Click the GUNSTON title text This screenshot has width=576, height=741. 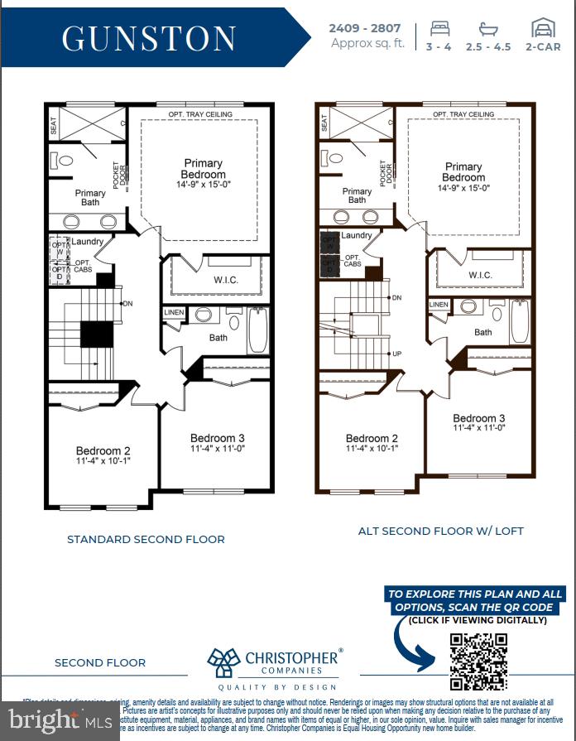(x=149, y=38)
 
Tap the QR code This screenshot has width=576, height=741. (x=478, y=662)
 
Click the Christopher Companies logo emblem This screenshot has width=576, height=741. (x=223, y=663)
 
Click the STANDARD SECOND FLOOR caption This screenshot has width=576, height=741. (x=146, y=539)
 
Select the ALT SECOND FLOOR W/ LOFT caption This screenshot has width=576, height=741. (x=440, y=531)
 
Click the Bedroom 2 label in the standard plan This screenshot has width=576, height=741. (x=103, y=451)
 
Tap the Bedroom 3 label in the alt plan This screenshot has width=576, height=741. (x=478, y=418)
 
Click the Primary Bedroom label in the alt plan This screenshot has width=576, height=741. (x=463, y=171)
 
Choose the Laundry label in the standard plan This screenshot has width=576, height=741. (x=87, y=241)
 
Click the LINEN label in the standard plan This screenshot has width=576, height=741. (x=174, y=312)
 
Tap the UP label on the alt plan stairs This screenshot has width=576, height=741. (x=396, y=354)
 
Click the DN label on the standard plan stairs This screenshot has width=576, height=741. (x=129, y=303)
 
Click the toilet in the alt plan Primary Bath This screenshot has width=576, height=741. (x=335, y=157)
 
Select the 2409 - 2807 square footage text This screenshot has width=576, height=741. (x=365, y=28)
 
